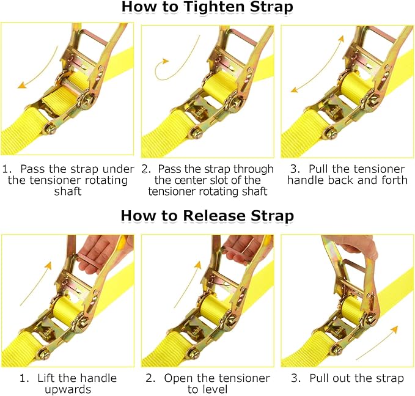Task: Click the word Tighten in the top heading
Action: tap(207, 7)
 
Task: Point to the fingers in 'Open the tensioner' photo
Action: tap(242, 246)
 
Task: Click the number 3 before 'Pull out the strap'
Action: tap(295, 378)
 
